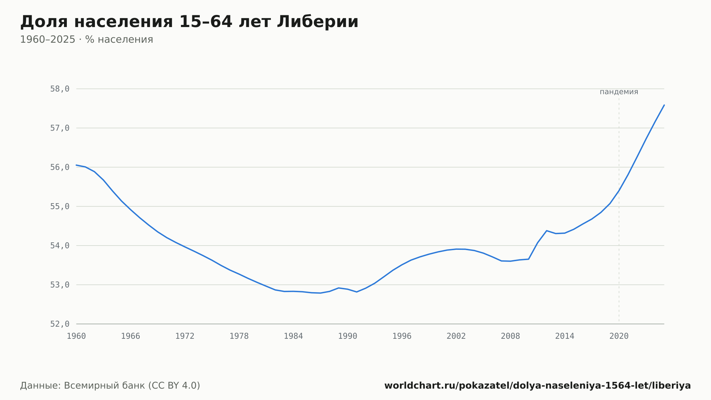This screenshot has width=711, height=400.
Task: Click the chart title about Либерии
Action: coord(189,22)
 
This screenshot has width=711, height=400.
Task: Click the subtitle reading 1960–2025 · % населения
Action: coord(86,40)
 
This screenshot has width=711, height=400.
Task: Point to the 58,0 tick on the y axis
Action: coord(60,89)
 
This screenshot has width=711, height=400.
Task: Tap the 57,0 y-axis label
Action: coord(60,128)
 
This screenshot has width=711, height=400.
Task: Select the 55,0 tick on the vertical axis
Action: coord(60,206)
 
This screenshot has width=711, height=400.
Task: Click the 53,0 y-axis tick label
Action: coord(60,285)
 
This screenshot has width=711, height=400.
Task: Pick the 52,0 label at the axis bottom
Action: coord(60,324)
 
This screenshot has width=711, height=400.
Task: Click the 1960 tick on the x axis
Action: coord(76,336)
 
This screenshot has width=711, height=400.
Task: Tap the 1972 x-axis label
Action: coord(185,336)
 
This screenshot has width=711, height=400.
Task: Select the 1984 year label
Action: coord(293,336)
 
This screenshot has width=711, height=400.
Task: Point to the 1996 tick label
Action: coord(402,336)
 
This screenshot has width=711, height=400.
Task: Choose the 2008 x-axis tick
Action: coord(510,336)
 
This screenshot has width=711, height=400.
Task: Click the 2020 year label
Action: coord(619,336)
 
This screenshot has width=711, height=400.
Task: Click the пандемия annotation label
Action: coord(619,92)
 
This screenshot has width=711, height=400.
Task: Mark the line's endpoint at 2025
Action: coord(664,105)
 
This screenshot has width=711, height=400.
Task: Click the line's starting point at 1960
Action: coord(76,165)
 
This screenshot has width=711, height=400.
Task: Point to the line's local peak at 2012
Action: coord(546,231)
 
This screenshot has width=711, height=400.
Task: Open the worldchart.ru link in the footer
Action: coord(538,386)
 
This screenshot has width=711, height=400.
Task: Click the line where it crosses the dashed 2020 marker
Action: coord(619,191)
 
